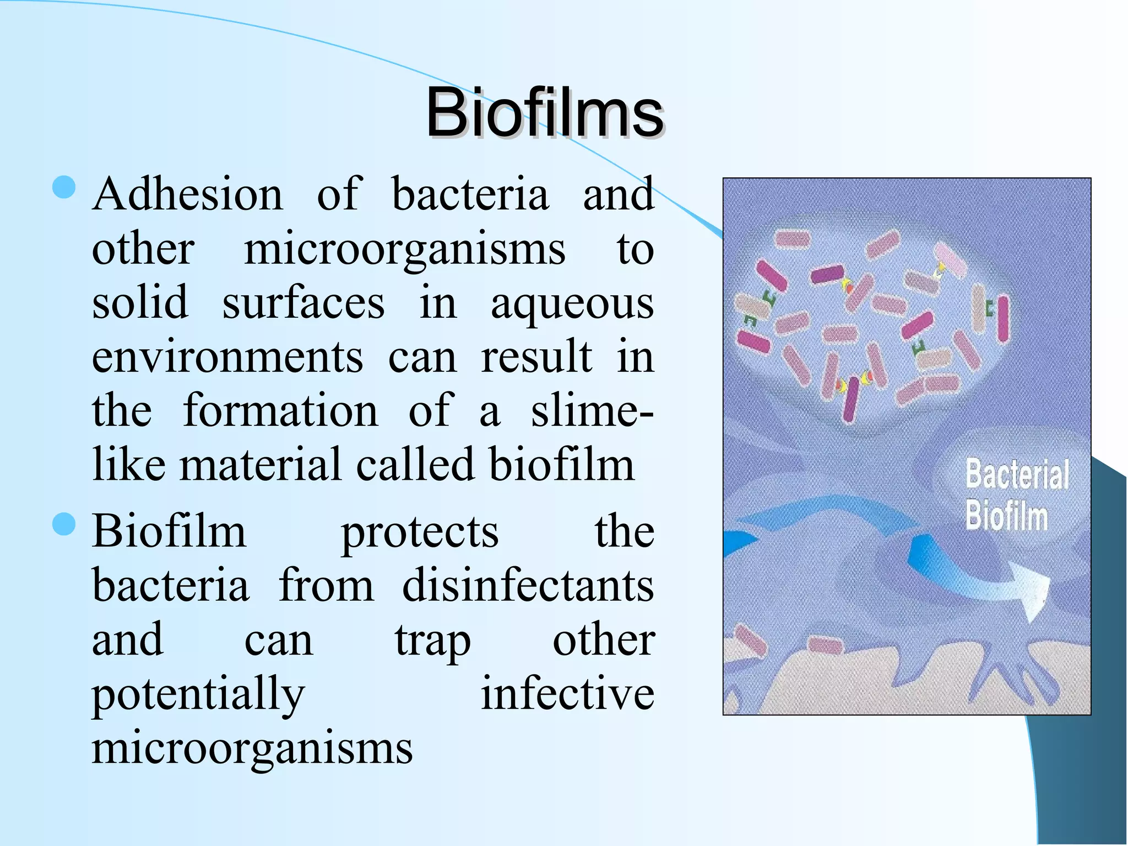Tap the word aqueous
(572, 303)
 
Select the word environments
(227, 357)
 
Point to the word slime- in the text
(592, 411)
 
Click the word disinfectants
(528, 585)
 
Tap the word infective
(567, 694)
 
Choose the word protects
(420, 533)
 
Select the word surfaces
(303, 303)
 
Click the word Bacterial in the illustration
(1017, 475)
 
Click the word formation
(280, 411)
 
